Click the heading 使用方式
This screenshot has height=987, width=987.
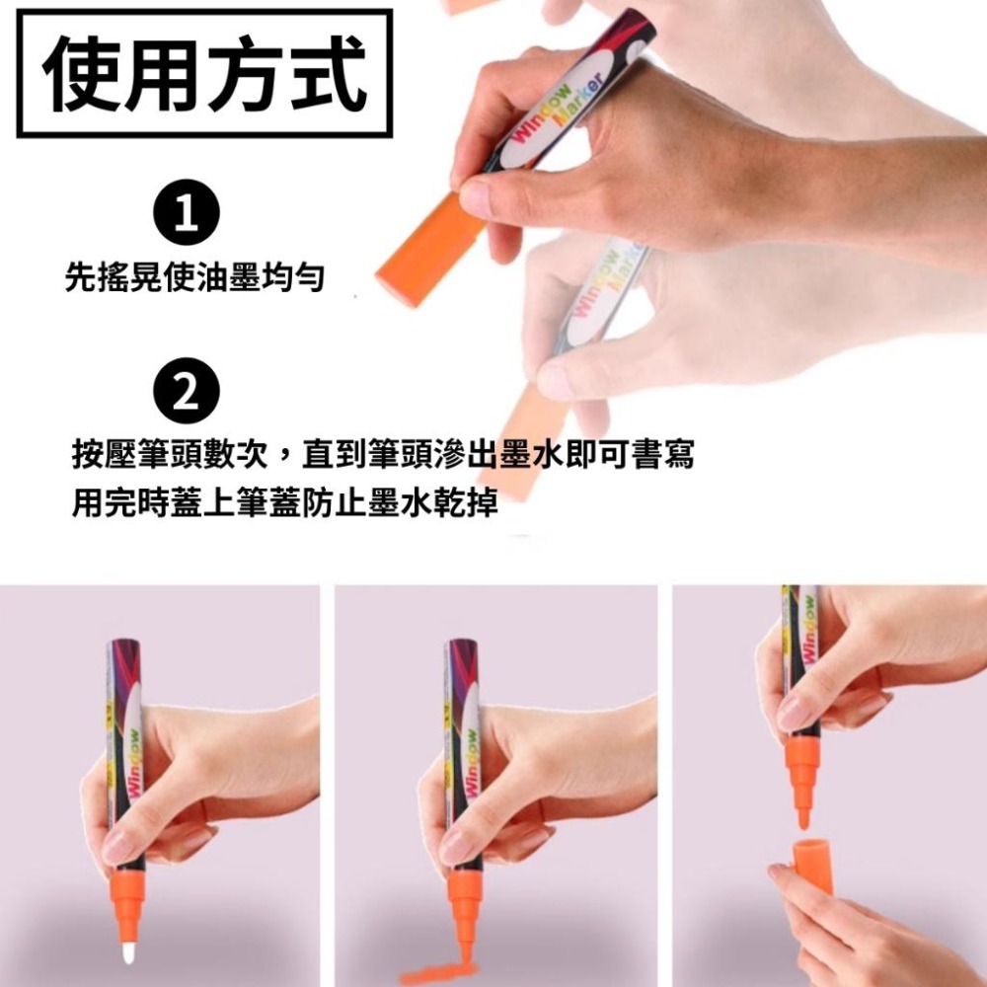tap(204, 73)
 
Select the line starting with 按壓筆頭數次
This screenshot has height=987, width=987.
tap(383, 455)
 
